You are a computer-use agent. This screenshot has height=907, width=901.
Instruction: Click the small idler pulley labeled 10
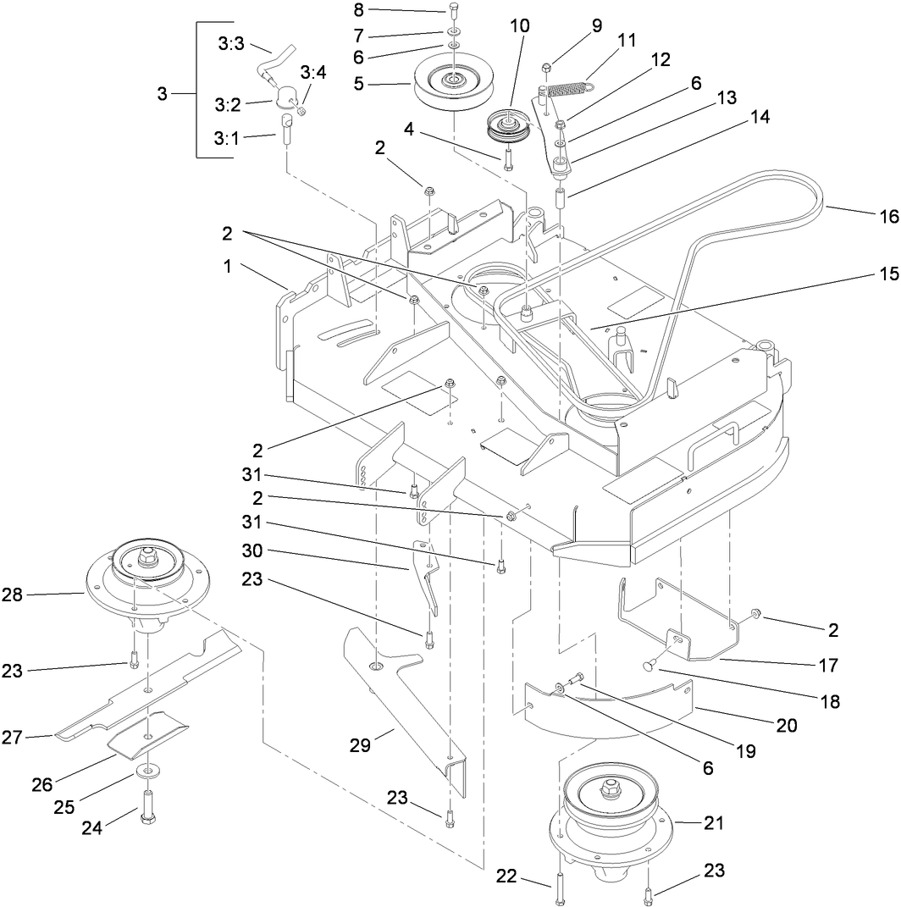point(508,127)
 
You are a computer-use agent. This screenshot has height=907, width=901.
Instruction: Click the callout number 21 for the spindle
point(713,822)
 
